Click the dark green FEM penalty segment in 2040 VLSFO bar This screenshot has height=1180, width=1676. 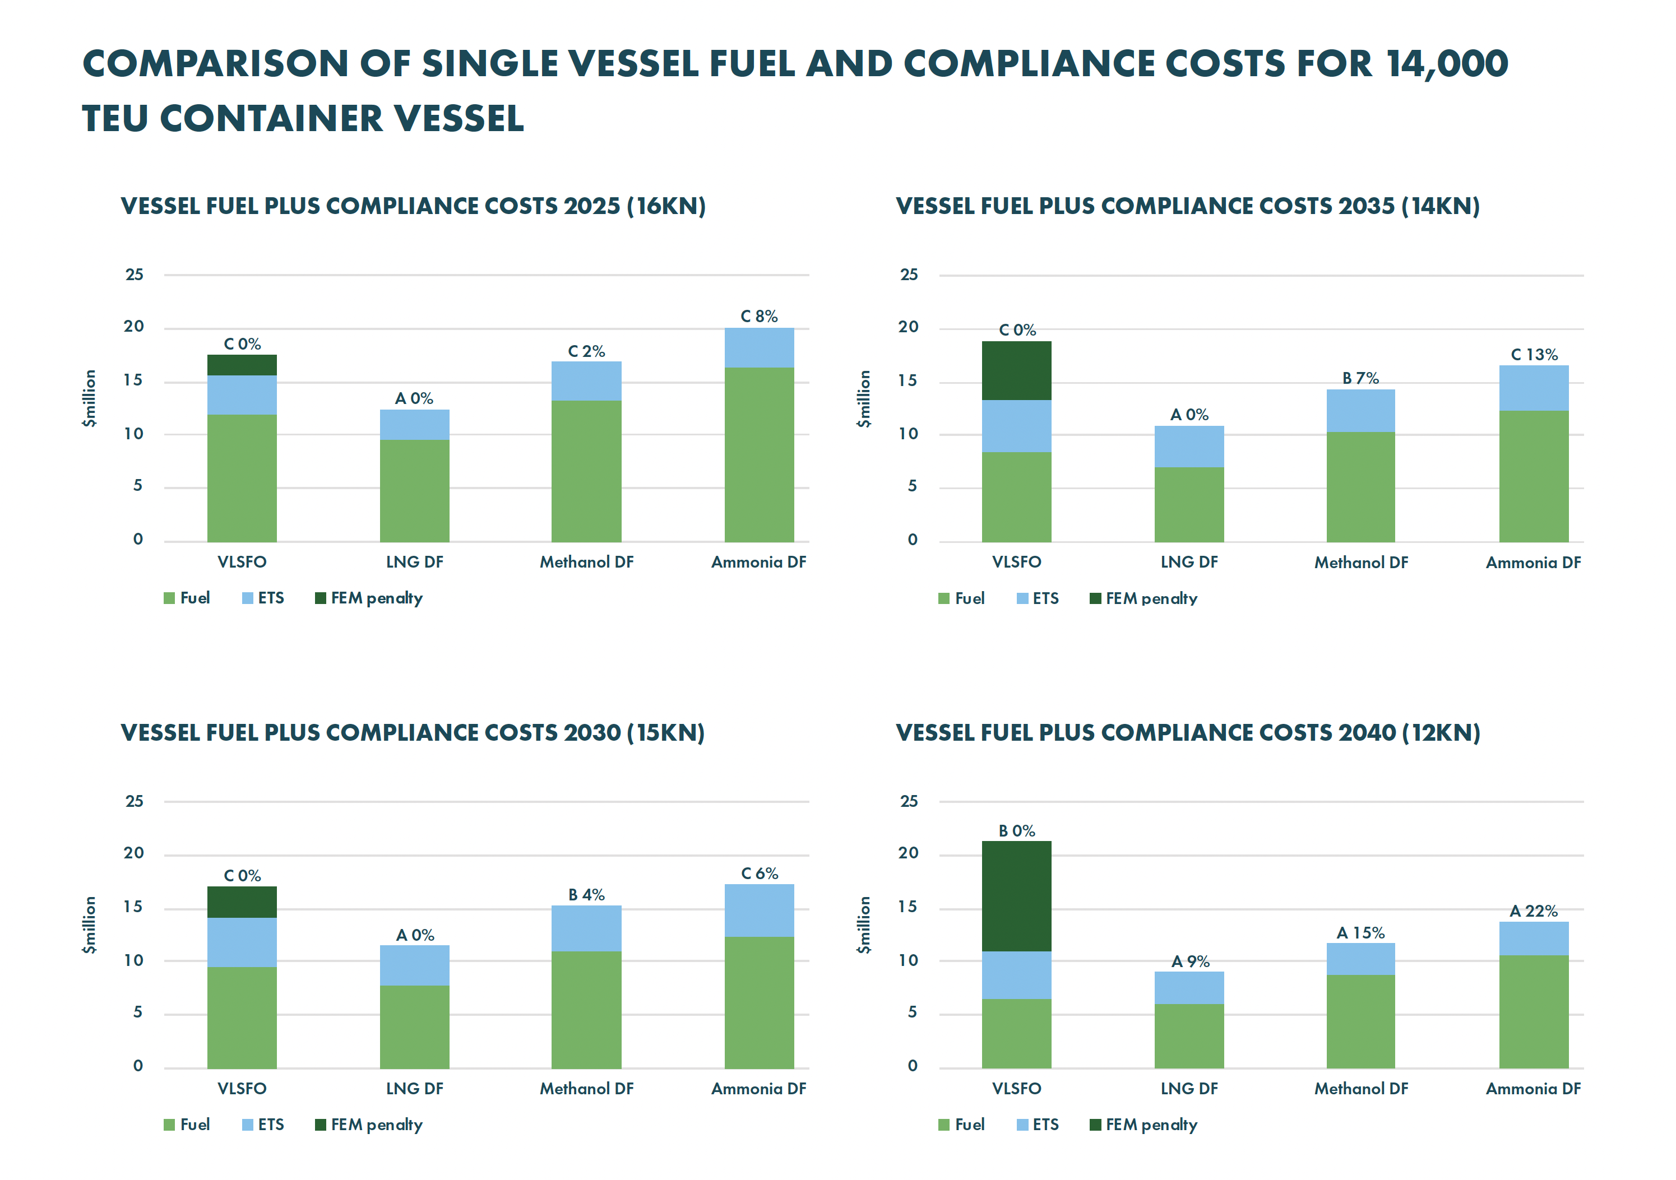pos(1016,896)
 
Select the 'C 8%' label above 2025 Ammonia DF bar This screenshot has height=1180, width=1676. pos(758,317)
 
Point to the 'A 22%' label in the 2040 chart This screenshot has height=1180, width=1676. pos(1533,910)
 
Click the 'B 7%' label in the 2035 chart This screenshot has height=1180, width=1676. pos(1360,378)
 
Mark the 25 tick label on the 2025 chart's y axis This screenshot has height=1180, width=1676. pos(135,275)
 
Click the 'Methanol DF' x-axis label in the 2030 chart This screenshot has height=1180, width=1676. pos(586,1089)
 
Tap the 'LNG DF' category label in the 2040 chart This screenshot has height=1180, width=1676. pos(1188,1089)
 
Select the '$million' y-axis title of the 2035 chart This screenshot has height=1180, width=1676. pos(864,398)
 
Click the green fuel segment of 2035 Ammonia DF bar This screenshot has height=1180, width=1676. pos(1533,476)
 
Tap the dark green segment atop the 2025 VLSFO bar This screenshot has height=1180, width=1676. pos(242,365)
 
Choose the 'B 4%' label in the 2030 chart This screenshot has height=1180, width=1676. pos(586,895)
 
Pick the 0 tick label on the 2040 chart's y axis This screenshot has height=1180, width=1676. pos(912,1066)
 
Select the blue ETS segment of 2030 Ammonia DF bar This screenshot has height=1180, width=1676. pos(758,910)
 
